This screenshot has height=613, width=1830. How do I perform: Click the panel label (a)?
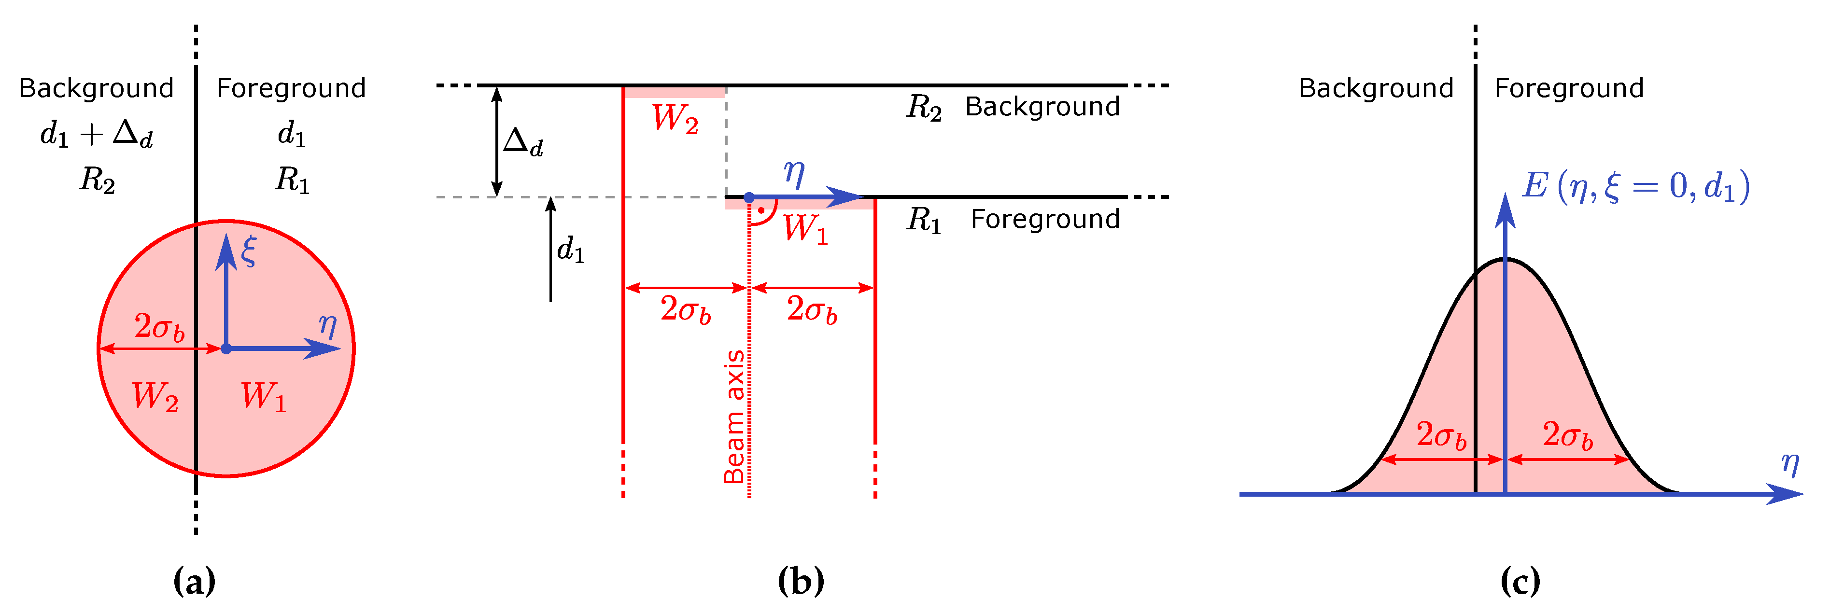(194, 581)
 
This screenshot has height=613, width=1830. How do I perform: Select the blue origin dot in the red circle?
(226, 349)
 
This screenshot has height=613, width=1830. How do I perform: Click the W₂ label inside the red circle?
(155, 396)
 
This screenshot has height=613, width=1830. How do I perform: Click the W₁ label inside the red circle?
(263, 396)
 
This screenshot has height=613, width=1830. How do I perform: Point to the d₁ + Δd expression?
(97, 134)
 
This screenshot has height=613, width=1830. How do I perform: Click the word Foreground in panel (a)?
(291, 88)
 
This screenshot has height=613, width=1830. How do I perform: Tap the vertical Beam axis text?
(734, 417)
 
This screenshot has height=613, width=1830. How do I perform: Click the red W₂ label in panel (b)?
(675, 119)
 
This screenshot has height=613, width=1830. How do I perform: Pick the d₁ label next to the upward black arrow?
(570, 250)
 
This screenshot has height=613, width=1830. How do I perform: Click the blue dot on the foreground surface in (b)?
(749, 197)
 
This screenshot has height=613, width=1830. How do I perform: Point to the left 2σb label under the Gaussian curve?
(1441, 435)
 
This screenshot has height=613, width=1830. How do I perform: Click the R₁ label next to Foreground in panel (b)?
(924, 220)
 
